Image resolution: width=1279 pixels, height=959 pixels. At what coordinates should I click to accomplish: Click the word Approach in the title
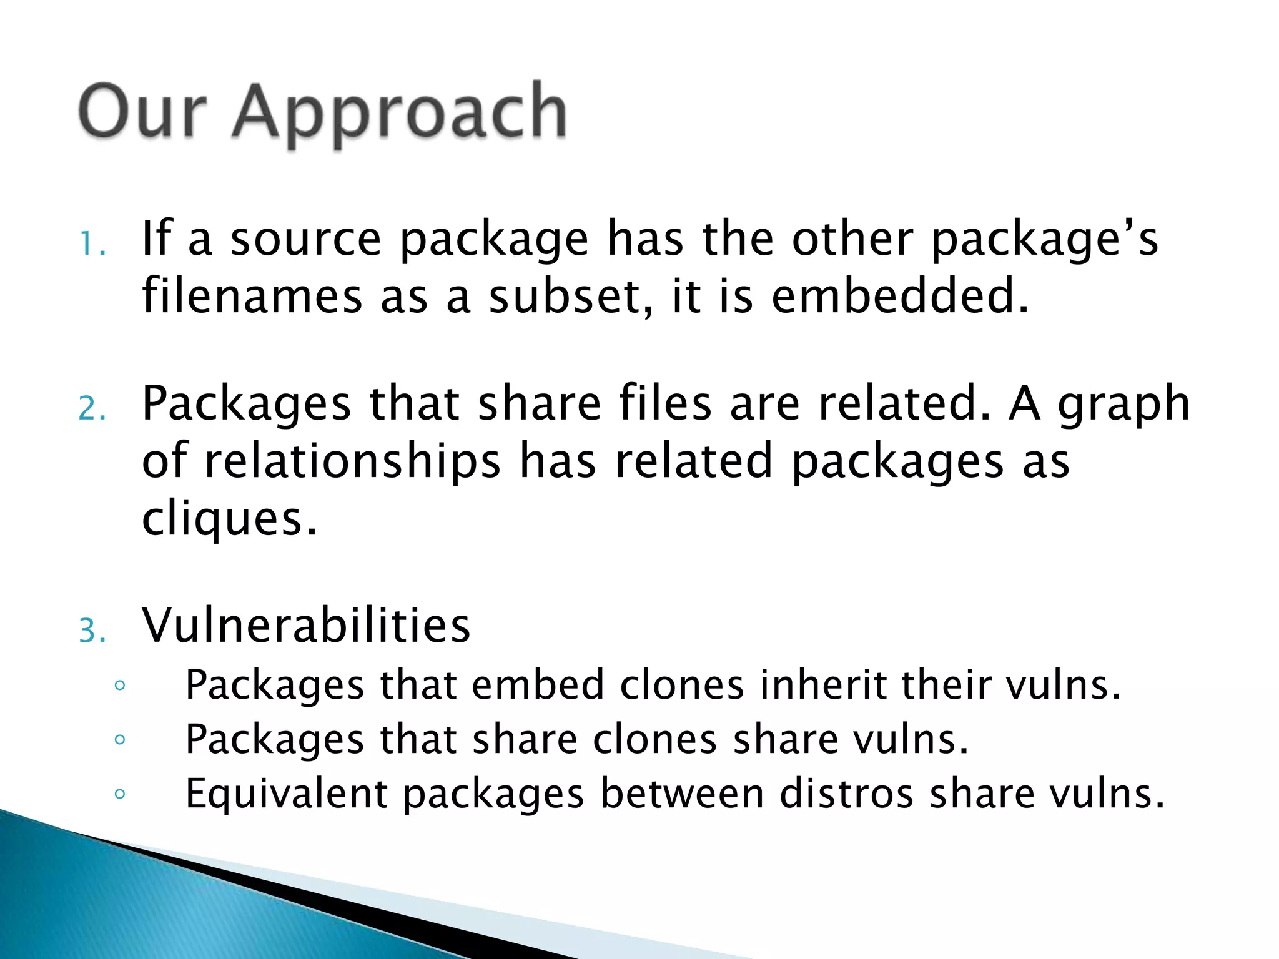point(400,112)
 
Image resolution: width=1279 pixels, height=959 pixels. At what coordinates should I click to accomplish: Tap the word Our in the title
point(142,112)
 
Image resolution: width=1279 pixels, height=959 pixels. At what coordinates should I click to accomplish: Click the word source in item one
point(306,240)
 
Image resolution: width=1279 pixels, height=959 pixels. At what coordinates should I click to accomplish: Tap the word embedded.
point(899,296)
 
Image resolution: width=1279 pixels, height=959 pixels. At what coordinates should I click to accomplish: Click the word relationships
point(353,462)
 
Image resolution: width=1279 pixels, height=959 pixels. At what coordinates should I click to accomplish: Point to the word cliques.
point(229,519)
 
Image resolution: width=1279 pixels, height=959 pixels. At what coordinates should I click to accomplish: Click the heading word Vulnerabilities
point(306,626)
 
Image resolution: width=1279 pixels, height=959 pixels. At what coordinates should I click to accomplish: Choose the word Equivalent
point(287,794)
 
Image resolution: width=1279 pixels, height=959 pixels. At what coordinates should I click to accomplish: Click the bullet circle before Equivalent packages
point(120,794)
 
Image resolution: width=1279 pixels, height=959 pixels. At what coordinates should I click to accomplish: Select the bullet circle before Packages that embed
point(120,686)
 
